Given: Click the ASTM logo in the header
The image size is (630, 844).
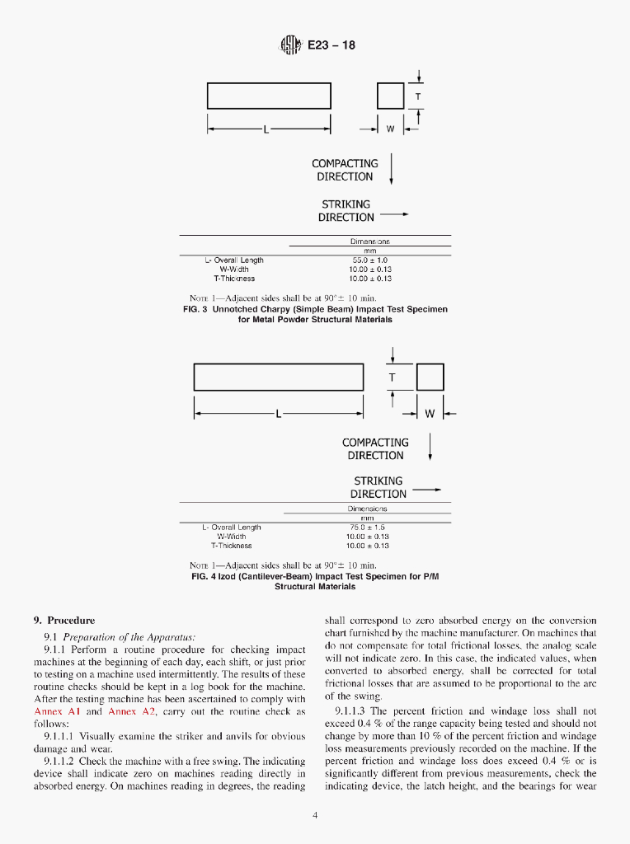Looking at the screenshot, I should [291, 44].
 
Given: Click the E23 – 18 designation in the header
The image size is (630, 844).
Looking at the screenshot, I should [331, 45].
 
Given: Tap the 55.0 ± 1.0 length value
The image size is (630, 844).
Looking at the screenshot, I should [369, 260].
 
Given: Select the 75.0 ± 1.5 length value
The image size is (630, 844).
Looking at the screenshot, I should [367, 527].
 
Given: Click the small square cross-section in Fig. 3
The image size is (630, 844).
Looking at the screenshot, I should [389, 96].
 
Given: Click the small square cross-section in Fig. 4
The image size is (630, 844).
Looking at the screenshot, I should [430, 377].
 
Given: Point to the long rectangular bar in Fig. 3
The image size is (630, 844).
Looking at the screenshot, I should [269, 96].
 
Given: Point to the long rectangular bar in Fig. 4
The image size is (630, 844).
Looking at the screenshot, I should [279, 377].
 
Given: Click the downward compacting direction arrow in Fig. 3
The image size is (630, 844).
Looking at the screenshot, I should [390, 168].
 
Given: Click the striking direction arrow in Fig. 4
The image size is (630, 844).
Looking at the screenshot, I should [426, 490].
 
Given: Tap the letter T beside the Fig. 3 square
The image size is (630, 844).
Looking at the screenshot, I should [418, 96].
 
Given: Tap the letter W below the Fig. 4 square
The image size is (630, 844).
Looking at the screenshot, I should [429, 414].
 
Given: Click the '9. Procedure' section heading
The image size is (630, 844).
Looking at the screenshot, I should [64, 620].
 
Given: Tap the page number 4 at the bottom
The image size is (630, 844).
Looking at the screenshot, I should [315, 816].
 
